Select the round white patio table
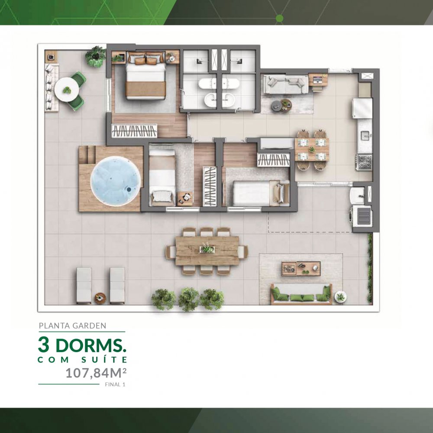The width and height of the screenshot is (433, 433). [67, 90]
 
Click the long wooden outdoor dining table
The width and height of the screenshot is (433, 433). [207, 250]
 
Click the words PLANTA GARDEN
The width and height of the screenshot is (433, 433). [73, 326]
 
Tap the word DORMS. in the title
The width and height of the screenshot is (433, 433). [91, 345]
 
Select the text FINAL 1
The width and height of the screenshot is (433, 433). [115, 385]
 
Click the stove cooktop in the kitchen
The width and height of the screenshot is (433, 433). [365, 162]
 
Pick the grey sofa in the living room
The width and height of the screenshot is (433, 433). [285, 84]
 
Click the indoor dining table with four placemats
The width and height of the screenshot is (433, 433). [312, 150]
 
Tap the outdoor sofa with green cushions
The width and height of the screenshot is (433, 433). [301, 294]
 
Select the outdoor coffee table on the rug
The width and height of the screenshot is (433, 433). [301, 268]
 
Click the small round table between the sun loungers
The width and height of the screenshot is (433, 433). [100, 298]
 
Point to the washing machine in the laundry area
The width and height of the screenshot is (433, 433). [361, 215]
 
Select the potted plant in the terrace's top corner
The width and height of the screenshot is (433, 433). [96, 56]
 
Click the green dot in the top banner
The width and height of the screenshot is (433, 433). [279, 18]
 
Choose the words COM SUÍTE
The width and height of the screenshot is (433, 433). [82, 360]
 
